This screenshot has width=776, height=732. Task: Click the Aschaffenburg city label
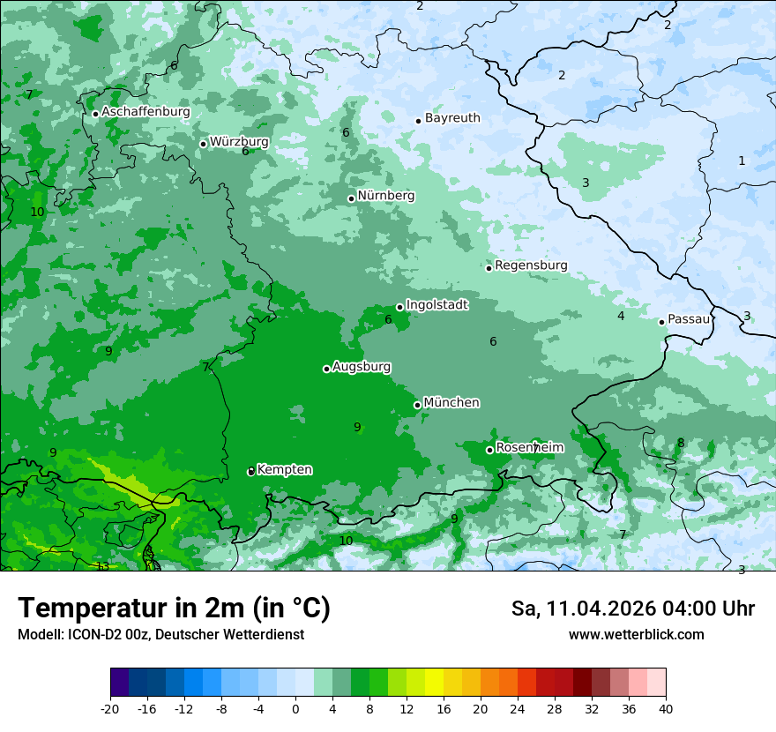145,112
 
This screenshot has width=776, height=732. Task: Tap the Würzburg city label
239,142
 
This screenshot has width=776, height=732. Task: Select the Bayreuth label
452,118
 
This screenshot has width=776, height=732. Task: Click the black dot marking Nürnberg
351,198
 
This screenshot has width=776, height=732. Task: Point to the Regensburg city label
531,265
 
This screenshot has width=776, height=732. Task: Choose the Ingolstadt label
436,305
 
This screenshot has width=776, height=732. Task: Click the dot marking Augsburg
326,369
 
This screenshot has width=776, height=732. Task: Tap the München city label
451,403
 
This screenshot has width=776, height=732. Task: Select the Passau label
689,319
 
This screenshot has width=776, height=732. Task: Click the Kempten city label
284,470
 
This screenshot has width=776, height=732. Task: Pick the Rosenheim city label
529,448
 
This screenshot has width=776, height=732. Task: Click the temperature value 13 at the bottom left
103,566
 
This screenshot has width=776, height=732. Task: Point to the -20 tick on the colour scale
110,708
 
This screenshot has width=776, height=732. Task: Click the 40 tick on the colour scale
665,708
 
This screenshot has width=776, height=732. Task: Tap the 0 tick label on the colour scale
295,708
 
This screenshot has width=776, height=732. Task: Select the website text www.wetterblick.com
636,635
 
